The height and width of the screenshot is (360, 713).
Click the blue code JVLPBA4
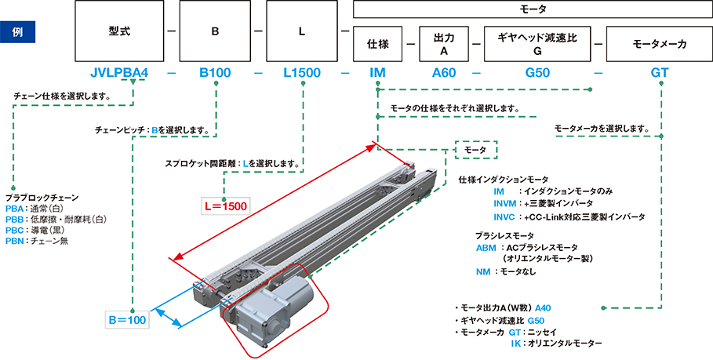tap(119, 74)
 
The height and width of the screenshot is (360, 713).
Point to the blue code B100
tap(215, 74)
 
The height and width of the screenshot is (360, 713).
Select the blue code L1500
tap(302, 74)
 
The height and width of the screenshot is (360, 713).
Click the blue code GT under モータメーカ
tap(660, 74)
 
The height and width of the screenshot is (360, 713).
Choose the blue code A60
tap(444, 74)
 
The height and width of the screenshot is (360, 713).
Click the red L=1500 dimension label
tap(225, 207)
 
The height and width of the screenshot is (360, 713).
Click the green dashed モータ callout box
tap(475, 149)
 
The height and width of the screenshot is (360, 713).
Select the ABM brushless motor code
tap(486, 247)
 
